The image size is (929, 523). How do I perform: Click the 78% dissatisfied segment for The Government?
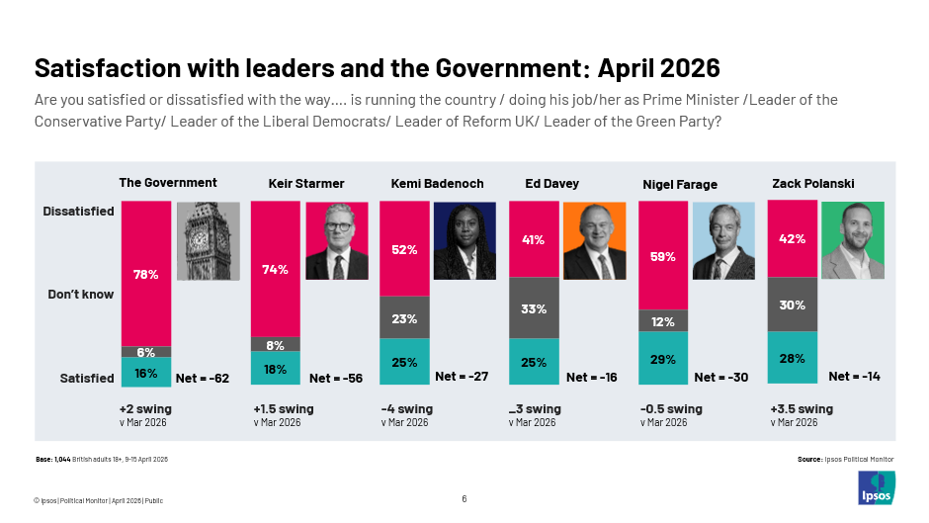[x=146, y=274]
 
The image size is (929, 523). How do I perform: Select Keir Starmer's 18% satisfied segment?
[x=276, y=370]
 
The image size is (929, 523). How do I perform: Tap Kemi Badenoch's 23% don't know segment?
[x=404, y=318]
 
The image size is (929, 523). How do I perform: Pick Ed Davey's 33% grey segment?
[x=534, y=308]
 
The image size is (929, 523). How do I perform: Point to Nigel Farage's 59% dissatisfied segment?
[x=663, y=256]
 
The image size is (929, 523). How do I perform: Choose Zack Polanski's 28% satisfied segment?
[x=792, y=358]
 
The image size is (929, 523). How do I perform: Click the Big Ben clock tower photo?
[x=208, y=240]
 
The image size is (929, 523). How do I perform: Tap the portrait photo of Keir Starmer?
[x=337, y=240]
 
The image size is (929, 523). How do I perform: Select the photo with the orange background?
[x=595, y=240]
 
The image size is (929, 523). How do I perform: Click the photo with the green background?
[x=852, y=240]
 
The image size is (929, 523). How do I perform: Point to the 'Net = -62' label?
[x=203, y=378]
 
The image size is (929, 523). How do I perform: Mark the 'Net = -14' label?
[x=856, y=376]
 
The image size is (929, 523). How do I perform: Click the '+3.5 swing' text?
[x=802, y=408]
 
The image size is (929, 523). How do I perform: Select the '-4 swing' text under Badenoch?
[x=407, y=408]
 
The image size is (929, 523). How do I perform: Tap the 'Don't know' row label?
[x=81, y=295]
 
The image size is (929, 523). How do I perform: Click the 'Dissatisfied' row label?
[x=78, y=211]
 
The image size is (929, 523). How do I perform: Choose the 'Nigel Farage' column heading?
[x=680, y=184]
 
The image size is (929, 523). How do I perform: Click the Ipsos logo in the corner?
[x=876, y=488]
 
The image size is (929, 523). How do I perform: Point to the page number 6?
[x=464, y=498]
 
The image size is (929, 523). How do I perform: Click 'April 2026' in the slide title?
[x=659, y=68]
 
